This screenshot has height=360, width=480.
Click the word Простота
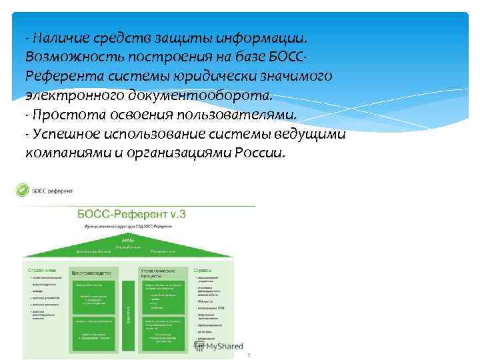click(x=64, y=113)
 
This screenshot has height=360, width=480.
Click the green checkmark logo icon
click(x=22, y=191)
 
